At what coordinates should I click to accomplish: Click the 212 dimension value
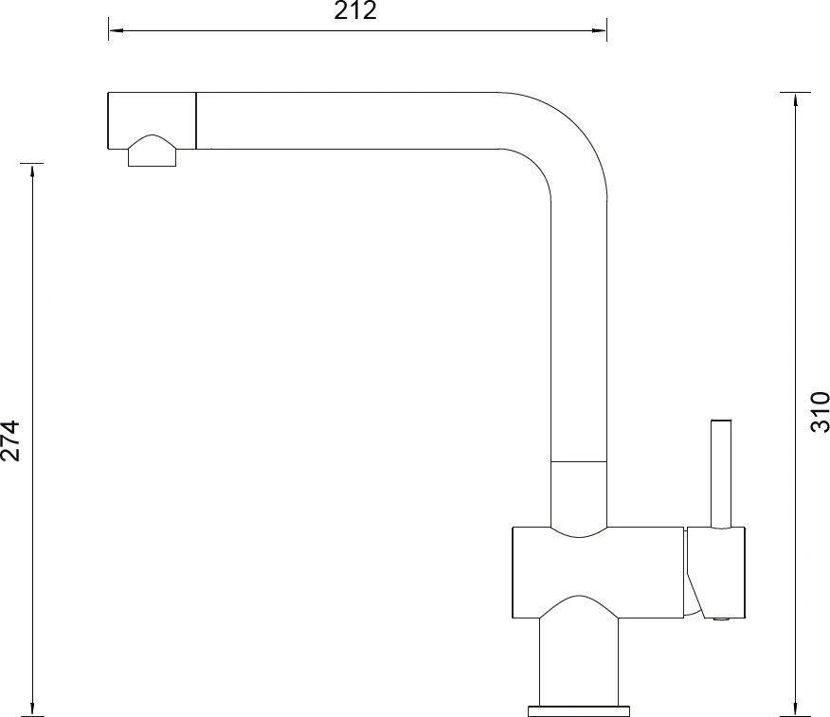[355, 10]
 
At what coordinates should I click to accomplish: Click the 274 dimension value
[10, 440]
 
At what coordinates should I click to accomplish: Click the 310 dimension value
[820, 412]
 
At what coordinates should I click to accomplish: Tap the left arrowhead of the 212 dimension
[116, 30]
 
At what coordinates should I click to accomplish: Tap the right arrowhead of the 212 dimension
[599, 30]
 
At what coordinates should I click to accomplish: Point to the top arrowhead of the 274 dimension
[33, 170]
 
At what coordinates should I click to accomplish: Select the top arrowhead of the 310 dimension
[795, 100]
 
